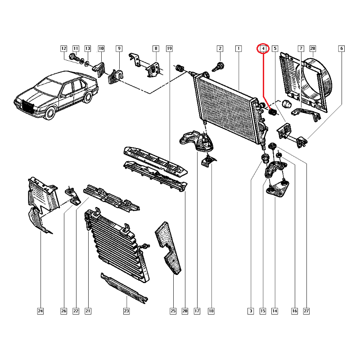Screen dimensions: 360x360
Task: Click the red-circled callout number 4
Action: click(x=263, y=49)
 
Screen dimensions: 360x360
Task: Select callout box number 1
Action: click(x=238, y=49)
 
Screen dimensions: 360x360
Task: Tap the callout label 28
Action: click(x=313, y=49)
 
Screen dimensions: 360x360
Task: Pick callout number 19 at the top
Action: click(x=169, y=49)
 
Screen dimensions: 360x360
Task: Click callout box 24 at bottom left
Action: click(x=40, y=311)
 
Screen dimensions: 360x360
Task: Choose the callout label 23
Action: click(x=126, y=311)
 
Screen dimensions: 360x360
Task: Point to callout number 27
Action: click(x=306, y=311)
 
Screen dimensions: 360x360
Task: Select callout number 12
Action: click(x=63, y=49)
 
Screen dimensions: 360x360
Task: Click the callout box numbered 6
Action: click(x=342, y=49)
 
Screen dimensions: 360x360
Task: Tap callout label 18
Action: click(x=211, y=311)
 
